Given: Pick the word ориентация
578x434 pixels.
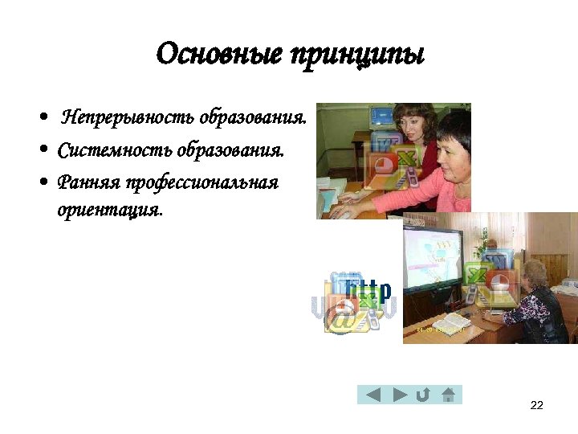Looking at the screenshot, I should click(x=109, y=210).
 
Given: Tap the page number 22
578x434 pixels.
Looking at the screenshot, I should click(x=537, y=404).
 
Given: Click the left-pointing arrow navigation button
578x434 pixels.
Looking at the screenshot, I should click(x=372, y=394).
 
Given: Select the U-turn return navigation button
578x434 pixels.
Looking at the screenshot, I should click(x=422, y=394).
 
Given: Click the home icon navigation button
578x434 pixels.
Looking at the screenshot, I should click(x=448, y=394).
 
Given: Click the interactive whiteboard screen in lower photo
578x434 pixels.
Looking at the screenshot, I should click(x=434, y=257).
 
